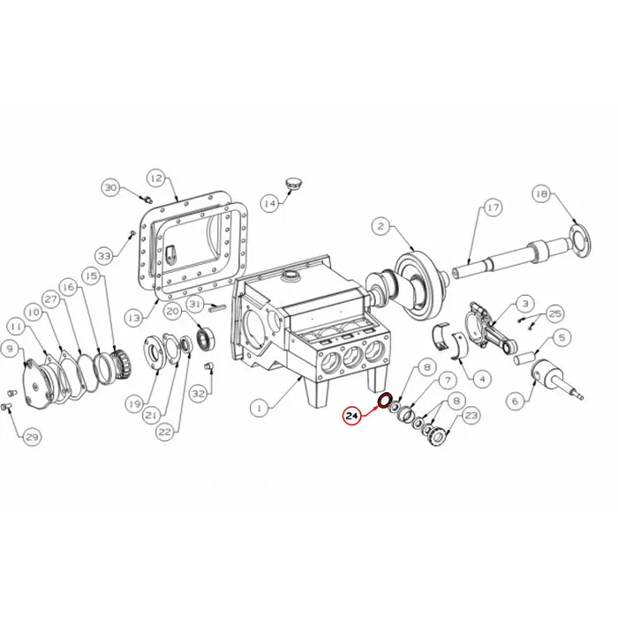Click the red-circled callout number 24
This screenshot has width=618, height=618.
coord(351,416)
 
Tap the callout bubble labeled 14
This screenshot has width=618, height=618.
coord(270,203)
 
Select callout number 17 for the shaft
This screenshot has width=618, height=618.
coord(493,207)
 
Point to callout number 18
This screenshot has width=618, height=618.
coord(542,193)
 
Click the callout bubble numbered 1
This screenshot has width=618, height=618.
coord(260,408)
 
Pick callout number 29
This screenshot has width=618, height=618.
coord(32,437)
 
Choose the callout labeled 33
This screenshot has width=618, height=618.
coord(104,256)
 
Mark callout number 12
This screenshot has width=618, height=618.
coord(156,177)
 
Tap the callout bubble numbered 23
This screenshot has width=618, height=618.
coord(471,415)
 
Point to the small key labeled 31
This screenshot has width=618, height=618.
coord(217,307)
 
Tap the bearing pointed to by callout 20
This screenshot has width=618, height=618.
coord(206,339)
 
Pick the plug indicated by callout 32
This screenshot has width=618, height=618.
coord(208,366)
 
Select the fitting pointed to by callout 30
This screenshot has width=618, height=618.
coord(147,199)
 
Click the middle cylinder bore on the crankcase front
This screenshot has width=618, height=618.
coord(353,358)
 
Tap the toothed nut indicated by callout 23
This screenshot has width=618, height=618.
coord(438,435)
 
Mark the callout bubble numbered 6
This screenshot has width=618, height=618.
coord(516,401)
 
